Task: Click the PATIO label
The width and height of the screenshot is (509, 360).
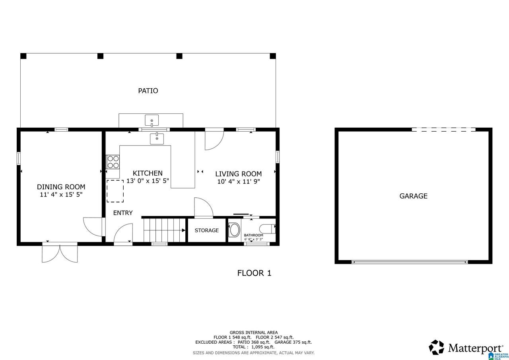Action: click(x=148, y=91)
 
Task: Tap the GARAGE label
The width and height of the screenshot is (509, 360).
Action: click(x=413, y=196)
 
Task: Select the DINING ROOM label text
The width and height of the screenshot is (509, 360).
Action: click(x=61, y=187)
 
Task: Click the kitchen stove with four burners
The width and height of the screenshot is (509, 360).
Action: click(x=113, y=162)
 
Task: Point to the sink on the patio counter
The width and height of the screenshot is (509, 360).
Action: click(x=152, y=120)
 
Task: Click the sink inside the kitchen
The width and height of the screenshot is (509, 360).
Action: click(x=157, y=139)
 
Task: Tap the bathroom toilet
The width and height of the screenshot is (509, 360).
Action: click(x=268, y=229)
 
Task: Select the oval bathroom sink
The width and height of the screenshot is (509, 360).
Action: click(x=235, y=230)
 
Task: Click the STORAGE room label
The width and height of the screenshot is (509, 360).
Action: click(x=206, y=230)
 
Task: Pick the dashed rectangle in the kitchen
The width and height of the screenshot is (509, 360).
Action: click(x=115, y=191)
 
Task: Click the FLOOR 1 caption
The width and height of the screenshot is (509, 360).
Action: click(x=254, y=273)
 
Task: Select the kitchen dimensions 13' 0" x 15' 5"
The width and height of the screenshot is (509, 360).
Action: click(x=148, y=181)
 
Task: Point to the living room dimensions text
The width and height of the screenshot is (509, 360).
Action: click(x=238, y=181)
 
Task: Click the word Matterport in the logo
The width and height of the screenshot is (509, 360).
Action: click(x=476, y=348)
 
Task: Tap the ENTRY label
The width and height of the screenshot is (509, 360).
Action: click(x=123, y=213)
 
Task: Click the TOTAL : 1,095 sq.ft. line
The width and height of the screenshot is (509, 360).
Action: click(x=254, y=347)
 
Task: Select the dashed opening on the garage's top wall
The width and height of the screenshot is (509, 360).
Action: click(x=443, y=130)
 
